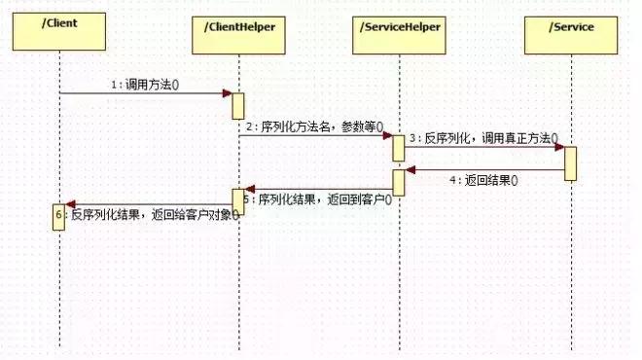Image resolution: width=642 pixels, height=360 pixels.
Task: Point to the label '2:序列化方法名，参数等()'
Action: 313,126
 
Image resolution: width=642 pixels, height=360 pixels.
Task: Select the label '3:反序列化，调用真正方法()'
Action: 485,138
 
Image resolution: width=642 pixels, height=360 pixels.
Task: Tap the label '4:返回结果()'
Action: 483,180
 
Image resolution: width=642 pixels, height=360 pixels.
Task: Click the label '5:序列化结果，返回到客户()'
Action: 317,199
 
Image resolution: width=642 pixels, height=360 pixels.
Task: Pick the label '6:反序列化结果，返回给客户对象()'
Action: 152,214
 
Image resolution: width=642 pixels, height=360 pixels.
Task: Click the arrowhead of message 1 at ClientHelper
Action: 227,93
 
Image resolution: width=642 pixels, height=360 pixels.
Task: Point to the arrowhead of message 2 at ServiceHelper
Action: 386,135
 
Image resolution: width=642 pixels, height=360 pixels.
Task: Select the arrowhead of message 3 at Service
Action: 558,148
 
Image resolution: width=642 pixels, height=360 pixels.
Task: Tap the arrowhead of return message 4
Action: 410,170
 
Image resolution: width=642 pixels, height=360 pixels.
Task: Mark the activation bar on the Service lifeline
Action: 570,162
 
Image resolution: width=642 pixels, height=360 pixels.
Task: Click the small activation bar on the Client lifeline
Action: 58,217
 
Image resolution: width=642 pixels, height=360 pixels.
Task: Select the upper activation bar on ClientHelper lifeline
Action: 237,105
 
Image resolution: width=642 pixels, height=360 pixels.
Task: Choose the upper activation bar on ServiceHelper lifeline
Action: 398,148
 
